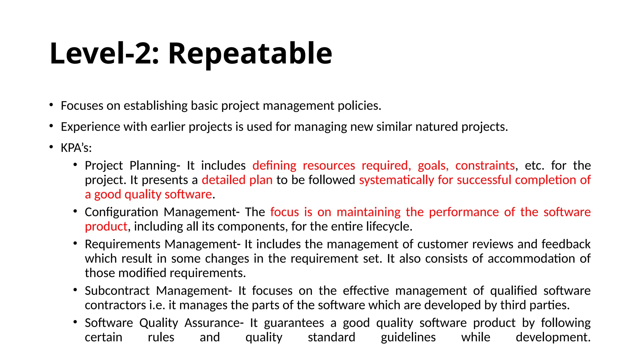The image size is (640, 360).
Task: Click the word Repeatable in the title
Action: pyautogui.click(x=250, y=54)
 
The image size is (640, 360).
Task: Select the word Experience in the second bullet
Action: pyautogui.click(x=90, y=127)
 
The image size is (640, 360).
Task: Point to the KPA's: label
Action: pyautogui.click(x=76, y=148)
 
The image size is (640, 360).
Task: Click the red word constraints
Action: pyautogui.click(x=485, y=165)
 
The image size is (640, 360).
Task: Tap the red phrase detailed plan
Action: pyautogui.click(x=237, y=180)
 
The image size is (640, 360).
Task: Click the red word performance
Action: pyautogui.click(x=464, y=212)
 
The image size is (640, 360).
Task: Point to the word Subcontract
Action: pyautogui.click(x=117, y=291)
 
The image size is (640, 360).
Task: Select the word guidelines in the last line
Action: pyautogui.click(x=408, y=337)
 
